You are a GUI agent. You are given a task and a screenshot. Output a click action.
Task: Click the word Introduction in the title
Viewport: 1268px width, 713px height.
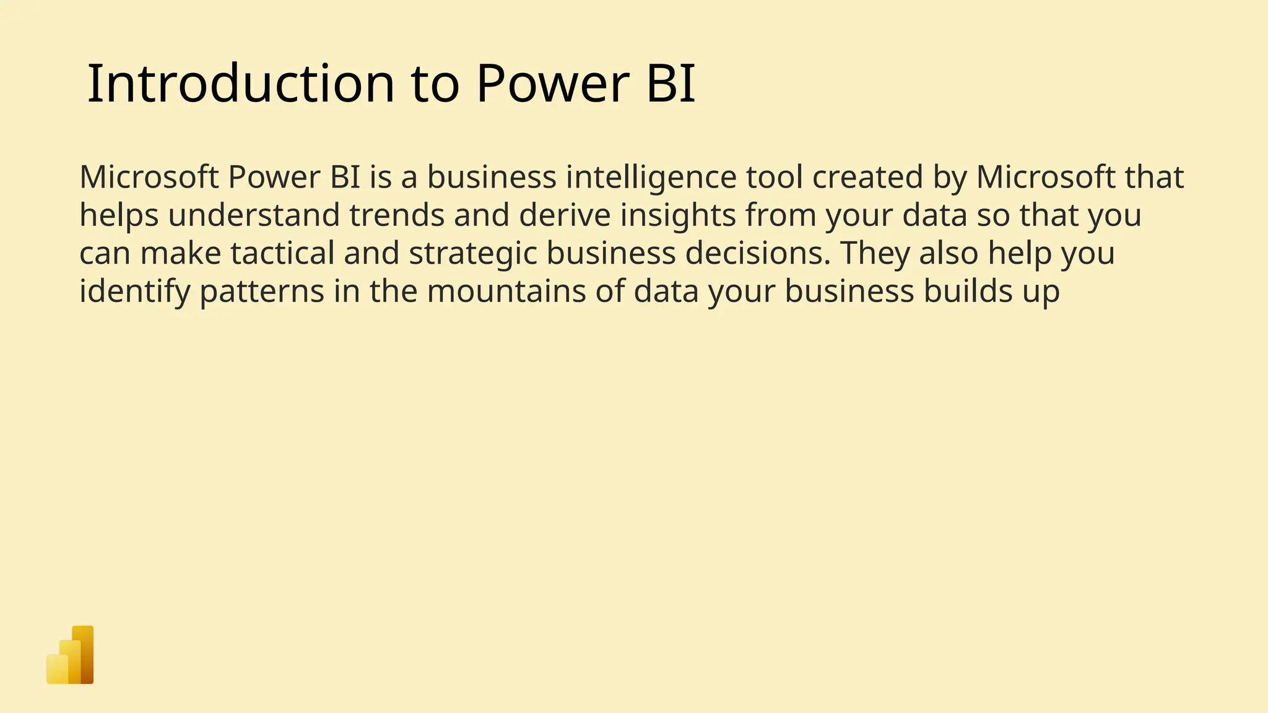pyautogui.click(x=240, y=84)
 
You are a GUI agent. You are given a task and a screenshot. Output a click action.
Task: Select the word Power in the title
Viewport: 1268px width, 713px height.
pyautogui.click(x=552, y=84)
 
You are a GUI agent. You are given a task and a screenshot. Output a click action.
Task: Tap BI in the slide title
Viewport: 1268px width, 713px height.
pyautogui.click(x=671, y=84)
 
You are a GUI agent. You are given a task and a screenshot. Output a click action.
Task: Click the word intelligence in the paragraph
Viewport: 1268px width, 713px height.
pyautogui.click(x=651, y=178)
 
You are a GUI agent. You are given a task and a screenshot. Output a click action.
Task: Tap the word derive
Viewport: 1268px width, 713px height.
pyautogui.click(x=565, y=215)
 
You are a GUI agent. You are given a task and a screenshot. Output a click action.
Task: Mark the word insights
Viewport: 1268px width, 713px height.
pyautogui.click(x=678, y=215)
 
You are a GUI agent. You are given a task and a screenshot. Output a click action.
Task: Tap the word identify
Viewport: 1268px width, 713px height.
pyautogui.click(x=134, y=292)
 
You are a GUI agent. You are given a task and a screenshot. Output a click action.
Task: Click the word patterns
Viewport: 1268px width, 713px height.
pyautogui.click(x=261, y=292)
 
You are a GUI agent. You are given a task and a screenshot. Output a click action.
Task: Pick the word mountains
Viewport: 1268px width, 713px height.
pyautogui.click(x=506, y=292)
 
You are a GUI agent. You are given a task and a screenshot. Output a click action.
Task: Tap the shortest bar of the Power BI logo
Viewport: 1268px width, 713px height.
pyautogui.click(x=56, y=669)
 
